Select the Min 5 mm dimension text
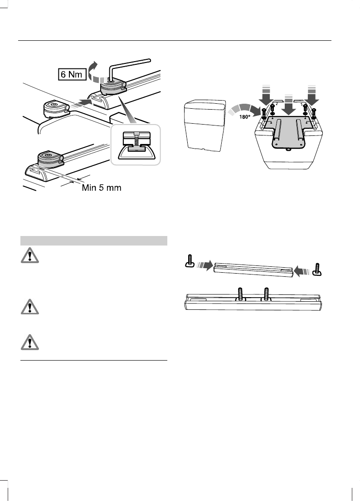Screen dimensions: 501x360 pyautogui.click(x=101, y=188)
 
